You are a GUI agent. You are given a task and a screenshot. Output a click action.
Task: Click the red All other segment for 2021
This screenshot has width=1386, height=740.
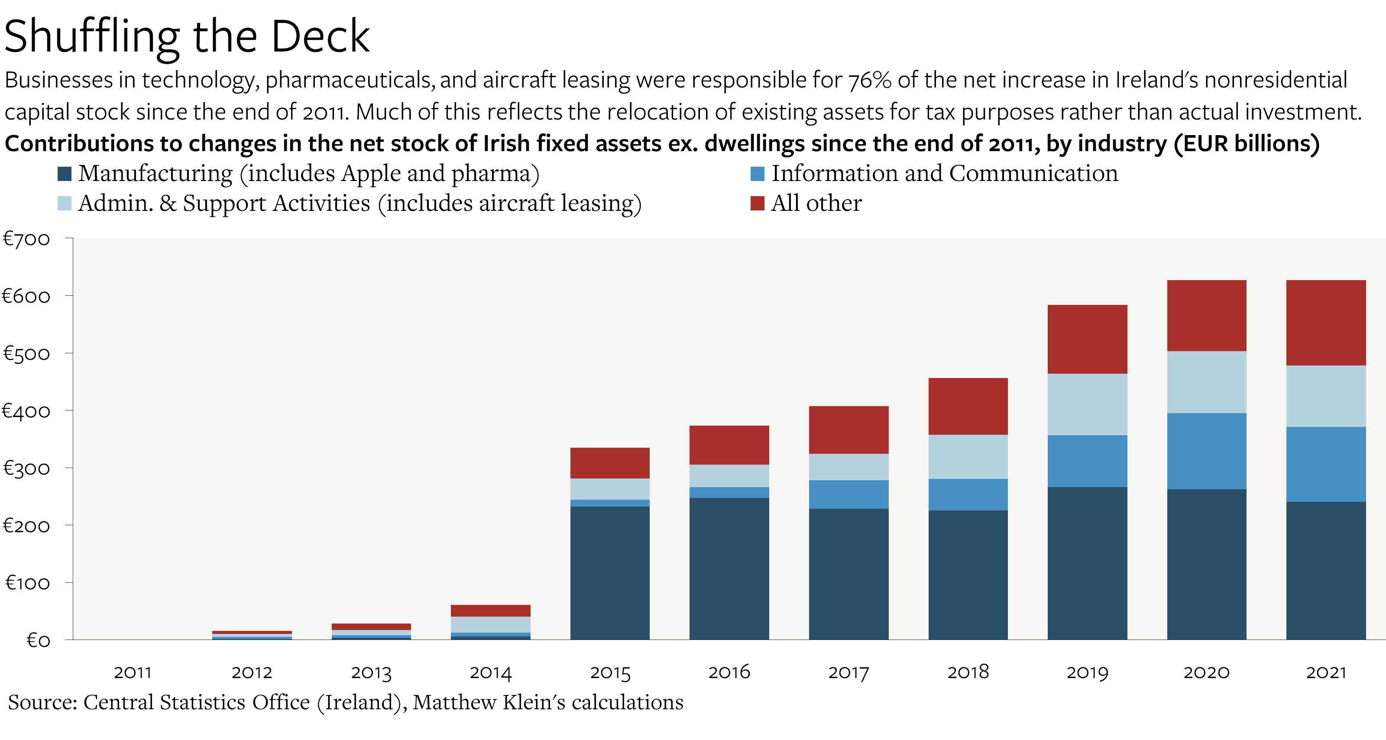click(x=1326, y=323)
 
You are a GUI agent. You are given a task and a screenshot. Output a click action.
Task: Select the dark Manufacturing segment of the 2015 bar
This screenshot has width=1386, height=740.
click(x=609, y=573)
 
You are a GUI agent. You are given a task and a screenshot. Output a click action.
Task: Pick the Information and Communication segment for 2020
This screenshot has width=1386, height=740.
click(x=1206, y=451)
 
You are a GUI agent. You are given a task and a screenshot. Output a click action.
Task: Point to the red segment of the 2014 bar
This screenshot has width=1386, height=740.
click(x=490, y=611)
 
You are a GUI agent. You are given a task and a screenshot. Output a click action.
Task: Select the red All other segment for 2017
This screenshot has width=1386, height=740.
click(x=848, y=430)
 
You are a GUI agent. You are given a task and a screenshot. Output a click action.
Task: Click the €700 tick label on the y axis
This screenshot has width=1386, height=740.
click(x=27, y=239)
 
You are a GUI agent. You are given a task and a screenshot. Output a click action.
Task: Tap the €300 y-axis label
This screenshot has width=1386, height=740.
click(x=27, y=469)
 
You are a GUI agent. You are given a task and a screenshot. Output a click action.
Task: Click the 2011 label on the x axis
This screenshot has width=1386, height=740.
click(x=133, y=672)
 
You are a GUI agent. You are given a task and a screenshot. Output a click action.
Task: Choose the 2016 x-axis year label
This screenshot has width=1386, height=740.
click(x=729, y=672)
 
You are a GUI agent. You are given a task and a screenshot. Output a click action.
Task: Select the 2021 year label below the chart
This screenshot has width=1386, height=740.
click(x=1326, y=672)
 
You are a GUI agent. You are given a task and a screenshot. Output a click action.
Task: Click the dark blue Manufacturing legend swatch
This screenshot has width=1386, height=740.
click(x=65, y=174)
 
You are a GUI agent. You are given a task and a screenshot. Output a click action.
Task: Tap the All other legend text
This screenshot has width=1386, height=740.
click(x=816, y=203)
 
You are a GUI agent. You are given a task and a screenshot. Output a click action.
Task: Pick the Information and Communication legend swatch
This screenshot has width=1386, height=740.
click(x=757, y=174)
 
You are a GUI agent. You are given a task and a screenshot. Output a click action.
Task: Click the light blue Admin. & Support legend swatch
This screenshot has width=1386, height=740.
click(x=65, y=203)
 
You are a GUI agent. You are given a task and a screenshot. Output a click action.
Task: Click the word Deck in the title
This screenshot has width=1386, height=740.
click(x=320, y=36)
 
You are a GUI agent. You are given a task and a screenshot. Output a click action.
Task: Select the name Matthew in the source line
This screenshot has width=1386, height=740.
click(x=455, y=702)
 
